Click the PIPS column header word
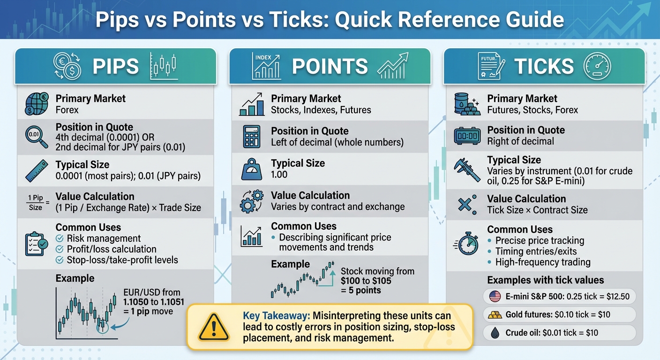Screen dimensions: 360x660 (116, 67)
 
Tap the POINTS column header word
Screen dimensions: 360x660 (330, 67)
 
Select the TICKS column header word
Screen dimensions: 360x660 (544, 67)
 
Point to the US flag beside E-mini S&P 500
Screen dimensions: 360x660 (495, 297)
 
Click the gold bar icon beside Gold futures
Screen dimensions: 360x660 (495, 315)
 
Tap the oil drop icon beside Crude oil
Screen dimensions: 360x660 (495, 332)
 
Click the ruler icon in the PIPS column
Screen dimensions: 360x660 (36, 171)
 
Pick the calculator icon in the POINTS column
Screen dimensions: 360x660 (252, 136)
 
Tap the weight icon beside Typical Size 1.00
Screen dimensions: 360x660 (252, 169)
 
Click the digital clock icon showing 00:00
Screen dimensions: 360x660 (468, 135)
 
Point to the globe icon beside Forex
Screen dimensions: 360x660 (36, 104)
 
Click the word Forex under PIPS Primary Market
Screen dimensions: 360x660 (67, 110)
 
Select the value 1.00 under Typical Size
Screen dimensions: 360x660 (279, 175)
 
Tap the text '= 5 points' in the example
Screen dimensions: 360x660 (361, 291)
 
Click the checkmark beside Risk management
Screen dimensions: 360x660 (60, 239)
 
